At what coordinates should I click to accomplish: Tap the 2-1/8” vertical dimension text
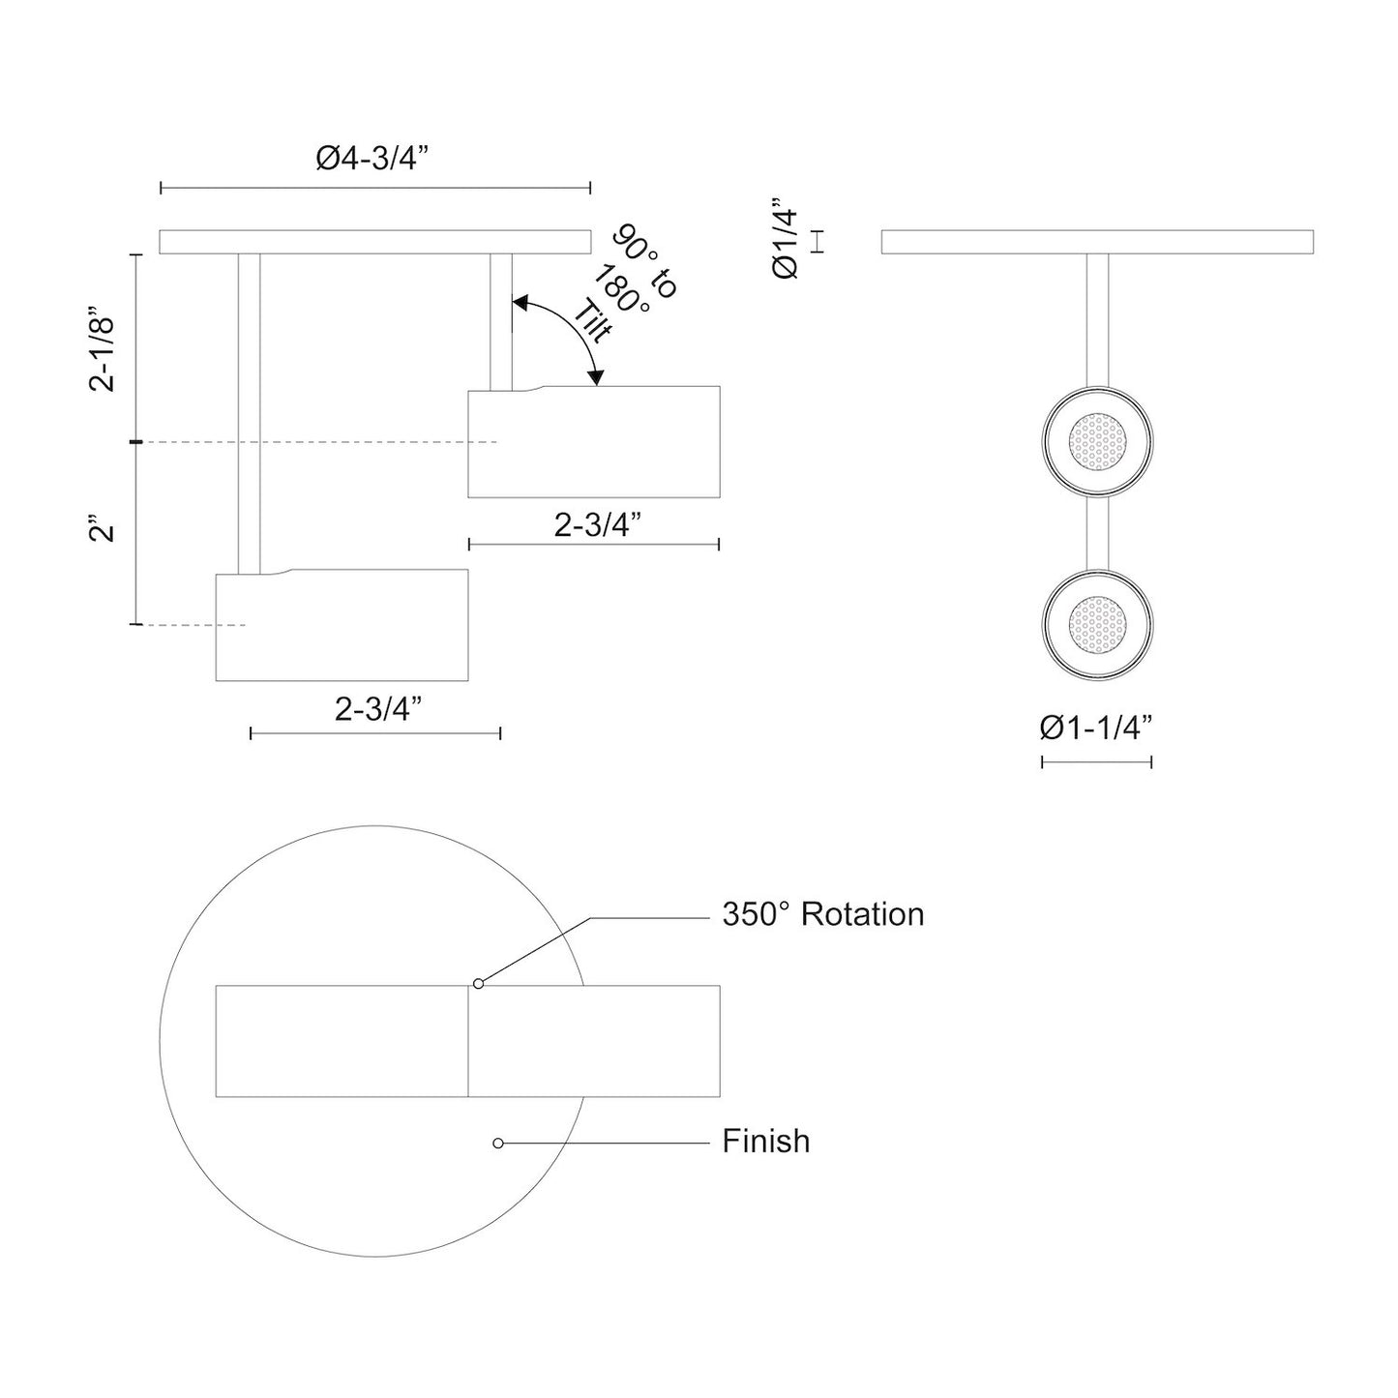[103, 349]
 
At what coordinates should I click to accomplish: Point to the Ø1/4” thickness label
[786, 239]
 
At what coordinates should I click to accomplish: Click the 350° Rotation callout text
[822, 914]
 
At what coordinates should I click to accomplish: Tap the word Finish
[765, 1141]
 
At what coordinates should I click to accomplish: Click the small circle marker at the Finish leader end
[498, 1143]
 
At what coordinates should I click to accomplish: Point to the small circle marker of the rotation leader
[478, 984]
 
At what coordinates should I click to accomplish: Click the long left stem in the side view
[249, 411]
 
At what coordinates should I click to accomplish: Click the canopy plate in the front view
[1097, 242]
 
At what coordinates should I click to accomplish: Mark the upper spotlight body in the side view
[594, 442]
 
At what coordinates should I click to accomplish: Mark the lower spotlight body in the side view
[342, 625]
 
